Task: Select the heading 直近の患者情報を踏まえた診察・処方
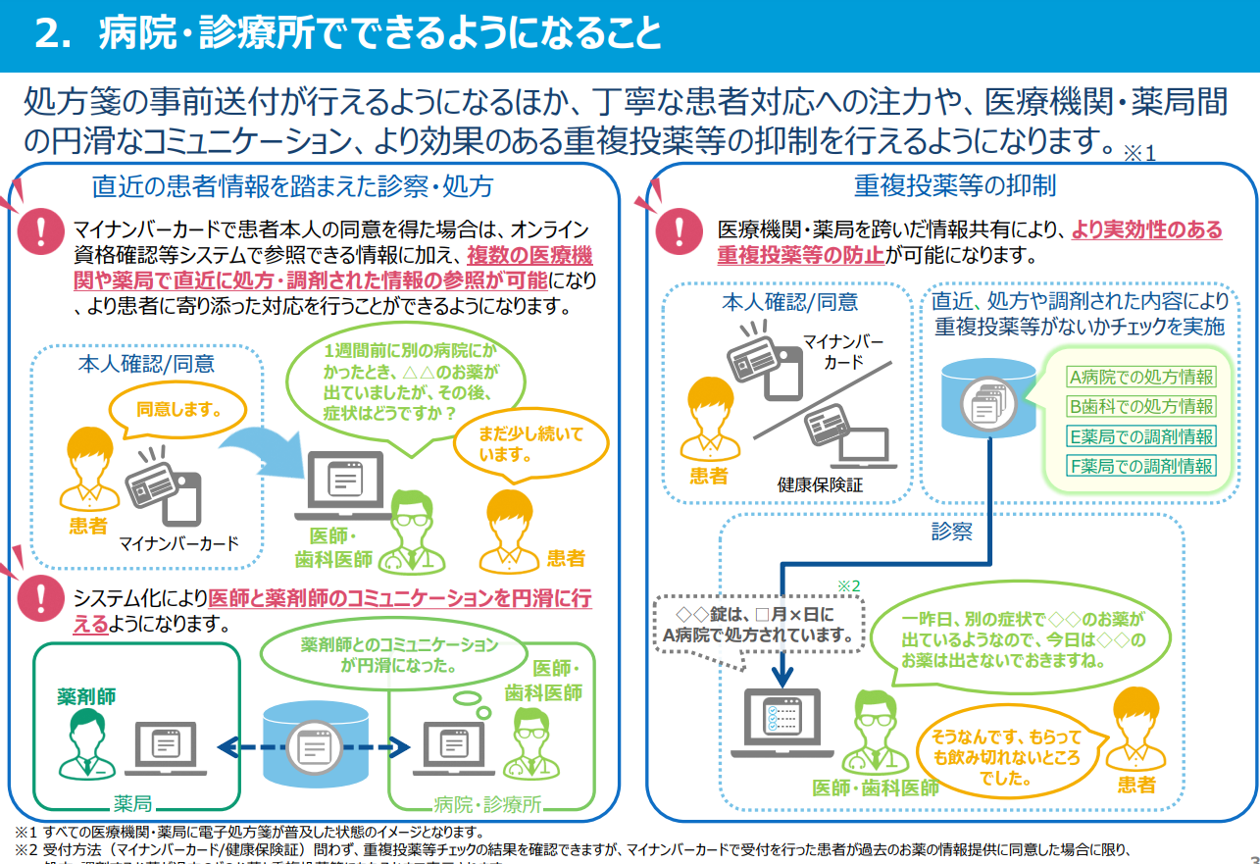pos(292,186)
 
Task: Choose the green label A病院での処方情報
pos(1140,377)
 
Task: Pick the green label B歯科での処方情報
pos(1140,406)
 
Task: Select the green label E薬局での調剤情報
pos(1140,436)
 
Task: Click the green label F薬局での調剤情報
pos(1140,466)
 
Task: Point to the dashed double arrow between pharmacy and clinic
pos(312,747)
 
